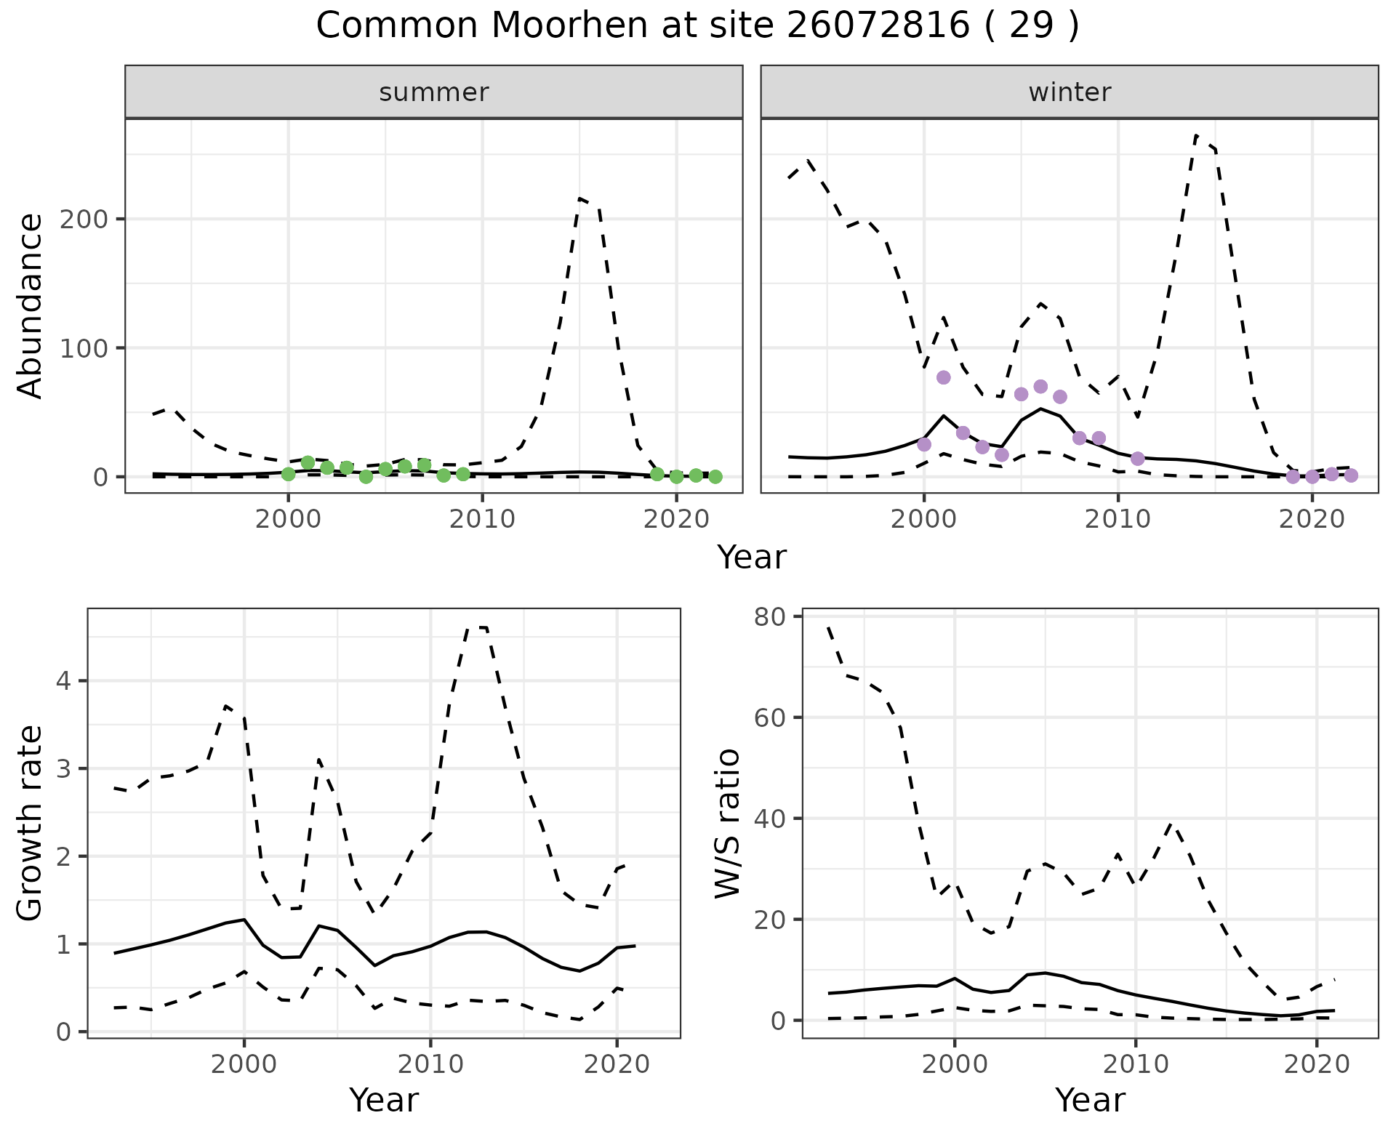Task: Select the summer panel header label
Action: pyautogui.click(x=434, y=92)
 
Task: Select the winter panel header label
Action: pyautogui.click(x=1070, y=92)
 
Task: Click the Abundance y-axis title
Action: pyautogui.click(x=30, y=305)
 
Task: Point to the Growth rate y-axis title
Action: pyautogui.click(x=30, y=824)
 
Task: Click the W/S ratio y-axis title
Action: pyautogui.click(x=727, y=824)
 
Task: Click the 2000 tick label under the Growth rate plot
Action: pyautogui.click(x=244, y=1065)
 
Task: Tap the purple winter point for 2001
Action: pyautogui.click(x=944, y=377)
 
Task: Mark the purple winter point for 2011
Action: pyautogui.click(x=1138, y=459)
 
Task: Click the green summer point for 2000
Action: pyautogui.click(x=289, y=474)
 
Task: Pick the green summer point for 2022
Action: pyautogui.click(x=715, y=477)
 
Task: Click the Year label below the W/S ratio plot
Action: pyautogui.click(x=1090, y=1101)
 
